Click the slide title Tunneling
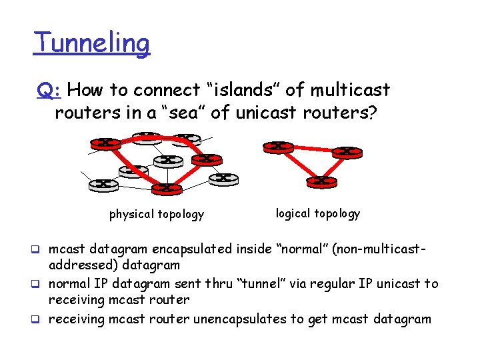point(92,44)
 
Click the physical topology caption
point(157,214)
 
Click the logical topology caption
point(317,213)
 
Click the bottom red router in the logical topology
point(321,181)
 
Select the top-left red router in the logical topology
point(277,146)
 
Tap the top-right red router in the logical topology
point(347,151)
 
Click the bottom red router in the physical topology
point(165,188)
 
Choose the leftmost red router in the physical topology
point(106,143)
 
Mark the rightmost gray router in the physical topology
point(224,178)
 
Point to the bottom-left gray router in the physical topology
point(102,183)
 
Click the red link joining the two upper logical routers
point(312,149)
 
